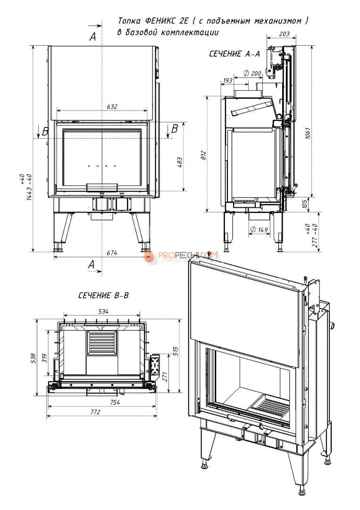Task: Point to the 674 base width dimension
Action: click(x=112, y=253)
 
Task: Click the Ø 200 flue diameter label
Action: click(x=253, y=73)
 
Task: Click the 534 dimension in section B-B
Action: click(x=103, y=311)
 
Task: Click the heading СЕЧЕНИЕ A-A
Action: click(x=234, y=54)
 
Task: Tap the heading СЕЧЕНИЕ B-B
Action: click(x=103, y=296)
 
